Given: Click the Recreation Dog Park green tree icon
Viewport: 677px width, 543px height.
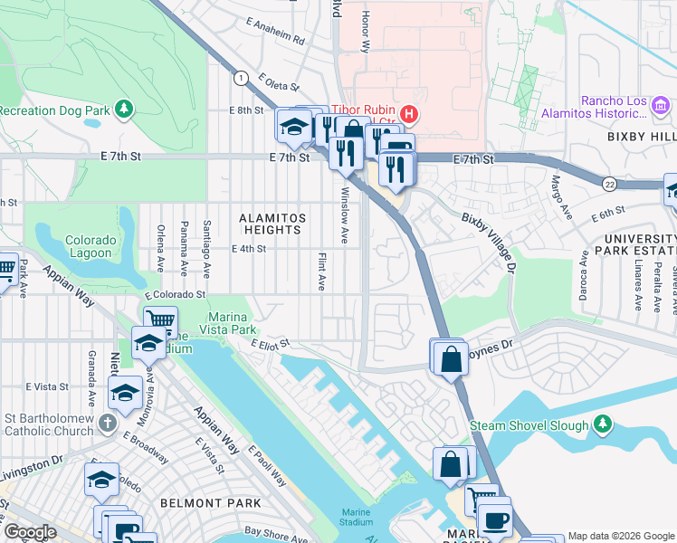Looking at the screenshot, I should click(x=123, y=110).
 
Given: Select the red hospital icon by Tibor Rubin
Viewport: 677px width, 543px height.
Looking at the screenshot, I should click(x=409, y=113).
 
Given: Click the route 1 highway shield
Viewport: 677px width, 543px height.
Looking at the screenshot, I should click(x=241, y=79).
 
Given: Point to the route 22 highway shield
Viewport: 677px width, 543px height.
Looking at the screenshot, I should click(x=611, y=184).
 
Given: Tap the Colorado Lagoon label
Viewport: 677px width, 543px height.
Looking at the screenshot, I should click(x=91, y=246).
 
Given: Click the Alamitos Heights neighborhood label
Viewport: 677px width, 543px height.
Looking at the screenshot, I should click(x=272, y=224).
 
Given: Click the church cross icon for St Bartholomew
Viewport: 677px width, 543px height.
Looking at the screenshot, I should click(x=107, y=424).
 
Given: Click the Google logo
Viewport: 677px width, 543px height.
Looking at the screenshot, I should click(x=30, y=532).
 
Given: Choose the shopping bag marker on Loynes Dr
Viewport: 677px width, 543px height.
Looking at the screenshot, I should click(x=450, y=358).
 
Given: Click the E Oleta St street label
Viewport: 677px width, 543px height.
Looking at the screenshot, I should click(x=278, y=82).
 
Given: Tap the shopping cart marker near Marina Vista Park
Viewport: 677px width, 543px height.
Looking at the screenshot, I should click(x=160, y=320).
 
